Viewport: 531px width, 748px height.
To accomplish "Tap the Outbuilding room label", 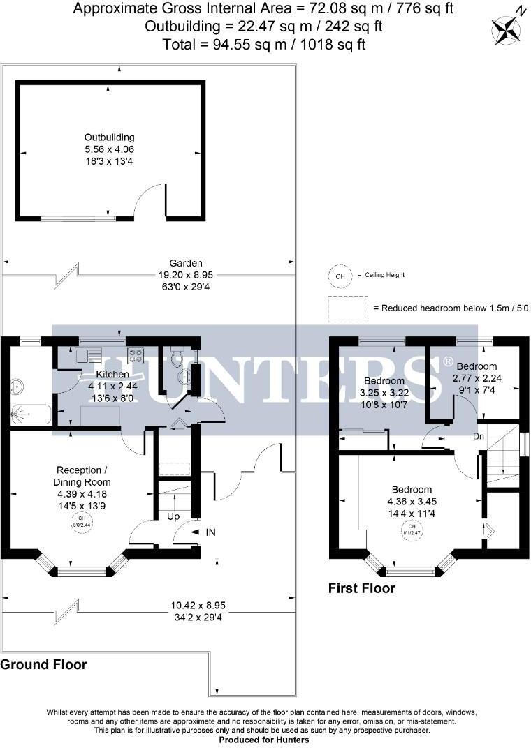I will click(x=110, y=137).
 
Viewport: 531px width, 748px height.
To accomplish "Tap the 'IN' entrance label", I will click(x=210, y=532).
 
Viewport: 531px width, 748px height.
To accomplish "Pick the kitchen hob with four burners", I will click(x=136, y=356).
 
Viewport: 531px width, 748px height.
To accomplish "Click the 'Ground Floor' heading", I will click(x=43, y=664).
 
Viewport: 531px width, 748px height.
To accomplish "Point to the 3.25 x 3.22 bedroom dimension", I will click(x=384, y=392).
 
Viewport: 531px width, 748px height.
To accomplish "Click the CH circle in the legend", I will click(x=340, y=276).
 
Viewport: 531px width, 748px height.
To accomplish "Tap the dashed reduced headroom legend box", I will click(x=348, y=308).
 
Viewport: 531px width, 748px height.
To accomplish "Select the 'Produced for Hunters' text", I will click(x=265, y=739).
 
